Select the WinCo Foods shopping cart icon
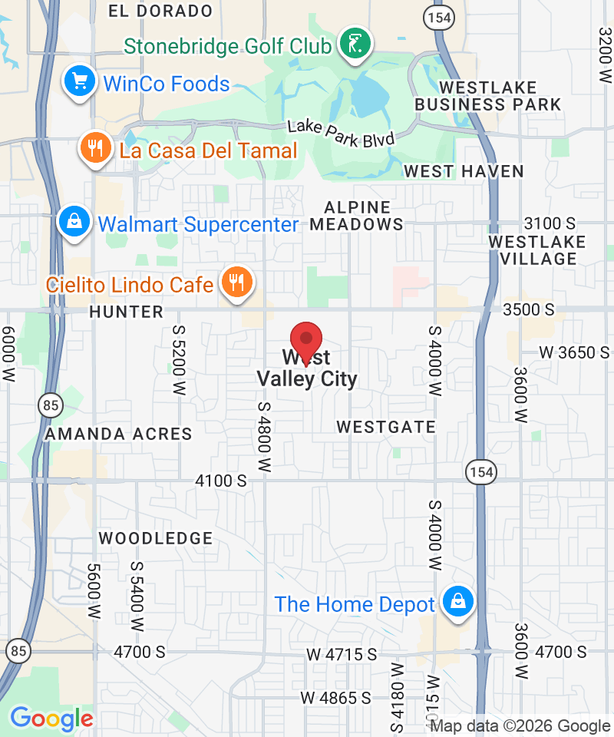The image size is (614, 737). [x=79, y=82]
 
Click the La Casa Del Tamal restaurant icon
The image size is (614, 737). [x=95, y=148]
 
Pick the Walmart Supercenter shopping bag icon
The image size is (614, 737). [x=74, y=223]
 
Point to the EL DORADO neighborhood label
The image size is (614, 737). [x=160, y=11]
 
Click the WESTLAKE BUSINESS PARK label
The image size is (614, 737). [x=488, y=96]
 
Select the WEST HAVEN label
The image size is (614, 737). [x=464, y=170]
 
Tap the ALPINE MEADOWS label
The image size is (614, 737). [x=357, y=216]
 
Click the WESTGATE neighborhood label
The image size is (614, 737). [x=386, y=427]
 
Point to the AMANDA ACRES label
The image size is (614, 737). [x=118, y=434]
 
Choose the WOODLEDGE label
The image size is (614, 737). [x=156, y=538]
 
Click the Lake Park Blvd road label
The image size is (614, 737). [x=341, y=134]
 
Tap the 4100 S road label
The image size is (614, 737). [x=221, y=481]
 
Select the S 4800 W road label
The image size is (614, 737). [x=265, y=436]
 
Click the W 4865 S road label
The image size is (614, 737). [x=335, y=698]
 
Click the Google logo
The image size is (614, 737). [x=51, y=719]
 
